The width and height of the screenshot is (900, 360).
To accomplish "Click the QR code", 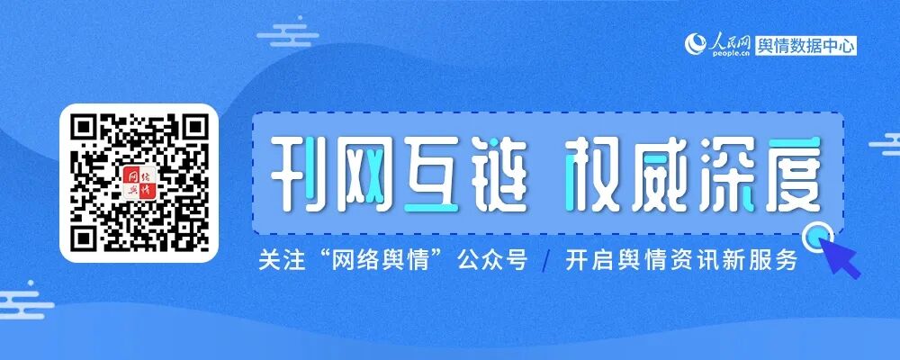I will [139, 183].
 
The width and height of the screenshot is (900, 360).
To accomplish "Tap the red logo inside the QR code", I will [139, 183].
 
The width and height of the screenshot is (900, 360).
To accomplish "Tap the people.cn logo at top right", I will [717, 44].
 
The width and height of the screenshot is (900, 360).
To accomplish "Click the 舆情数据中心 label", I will [806, 45].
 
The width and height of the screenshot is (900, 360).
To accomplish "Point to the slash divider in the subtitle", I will [545, 262].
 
